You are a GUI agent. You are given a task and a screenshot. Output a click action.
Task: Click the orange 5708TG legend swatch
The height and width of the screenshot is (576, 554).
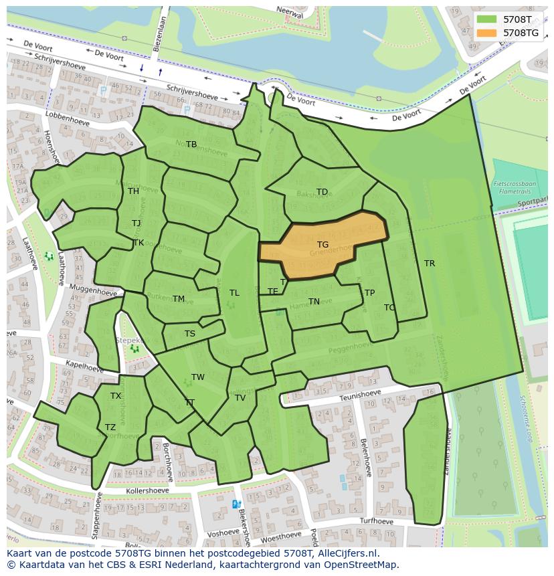[486, 33]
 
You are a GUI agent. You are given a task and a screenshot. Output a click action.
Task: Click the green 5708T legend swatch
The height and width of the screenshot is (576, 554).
[486, 19]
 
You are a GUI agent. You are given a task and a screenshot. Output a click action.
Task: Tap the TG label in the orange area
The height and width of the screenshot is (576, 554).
[322, 245]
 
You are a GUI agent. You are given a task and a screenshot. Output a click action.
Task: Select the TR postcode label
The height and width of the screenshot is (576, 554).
[430, 264]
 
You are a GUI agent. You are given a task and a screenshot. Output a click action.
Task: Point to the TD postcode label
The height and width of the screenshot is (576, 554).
[322, 192]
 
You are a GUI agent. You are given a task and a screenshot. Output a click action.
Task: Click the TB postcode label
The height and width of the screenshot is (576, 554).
[191, 145]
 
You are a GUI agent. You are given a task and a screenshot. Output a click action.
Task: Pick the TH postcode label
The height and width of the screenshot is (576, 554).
[133, 191]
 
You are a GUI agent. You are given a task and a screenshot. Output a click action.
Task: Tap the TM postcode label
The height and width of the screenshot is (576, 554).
[178, 299]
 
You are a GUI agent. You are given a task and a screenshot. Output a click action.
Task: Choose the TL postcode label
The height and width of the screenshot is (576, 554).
[234, 293]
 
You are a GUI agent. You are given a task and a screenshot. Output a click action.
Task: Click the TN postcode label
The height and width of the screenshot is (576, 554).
[314, 302]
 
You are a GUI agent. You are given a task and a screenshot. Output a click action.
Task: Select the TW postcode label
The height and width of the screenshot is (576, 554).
[198, 377]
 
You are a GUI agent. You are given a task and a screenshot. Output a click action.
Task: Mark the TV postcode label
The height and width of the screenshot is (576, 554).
[240, 398]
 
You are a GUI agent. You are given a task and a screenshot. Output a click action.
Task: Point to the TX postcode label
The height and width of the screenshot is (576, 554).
[116, 396]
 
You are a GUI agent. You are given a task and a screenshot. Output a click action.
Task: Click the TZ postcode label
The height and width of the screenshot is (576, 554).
[110, 427]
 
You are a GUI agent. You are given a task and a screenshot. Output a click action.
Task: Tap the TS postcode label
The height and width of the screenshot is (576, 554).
[190, 334]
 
